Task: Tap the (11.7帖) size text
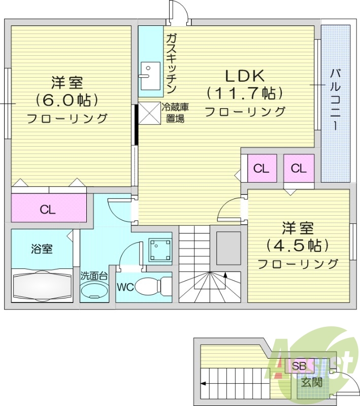(x=244, y=93)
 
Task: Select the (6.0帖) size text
(x=67, y=99)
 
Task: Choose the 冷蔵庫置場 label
(x=175, y=113)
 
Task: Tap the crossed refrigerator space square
(x=149, y=112)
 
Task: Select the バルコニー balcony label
(x=336, y=99)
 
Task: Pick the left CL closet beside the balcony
(x=261, y=168)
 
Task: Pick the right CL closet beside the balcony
(x=299, y=168)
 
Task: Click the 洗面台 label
(x=94, y=276)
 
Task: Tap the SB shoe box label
(x=299, y=366)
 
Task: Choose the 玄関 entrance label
(x=311, y=382)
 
